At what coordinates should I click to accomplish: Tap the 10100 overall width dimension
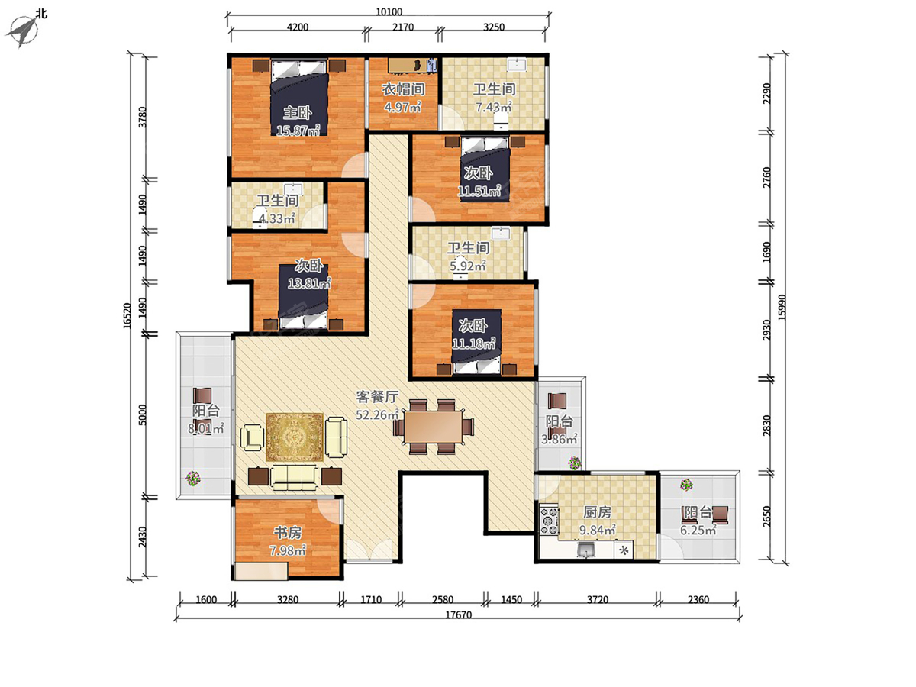point(389,11)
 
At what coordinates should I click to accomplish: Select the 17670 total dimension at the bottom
point(458,614)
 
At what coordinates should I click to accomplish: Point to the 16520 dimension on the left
point(127,316)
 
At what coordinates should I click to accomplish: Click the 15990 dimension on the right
point(782,308)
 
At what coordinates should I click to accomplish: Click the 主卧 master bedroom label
point(298,113)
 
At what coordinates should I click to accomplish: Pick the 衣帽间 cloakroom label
point(404,89)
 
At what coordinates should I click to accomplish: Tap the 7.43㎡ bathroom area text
point(494,107)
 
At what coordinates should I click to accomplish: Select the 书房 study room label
point(288,532)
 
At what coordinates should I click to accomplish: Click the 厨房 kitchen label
point(597,511)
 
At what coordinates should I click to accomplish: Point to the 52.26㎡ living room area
point(377,414)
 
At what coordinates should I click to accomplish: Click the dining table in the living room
point(433,426)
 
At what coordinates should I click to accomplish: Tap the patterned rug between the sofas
point(295,437)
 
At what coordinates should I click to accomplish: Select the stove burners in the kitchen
point(549,521)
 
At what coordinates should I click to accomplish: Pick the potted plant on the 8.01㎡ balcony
point(193,478)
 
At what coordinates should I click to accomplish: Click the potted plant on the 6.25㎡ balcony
point(686,485)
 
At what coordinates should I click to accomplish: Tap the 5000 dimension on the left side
point(142,414)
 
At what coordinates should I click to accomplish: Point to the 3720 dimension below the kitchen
point(598,599)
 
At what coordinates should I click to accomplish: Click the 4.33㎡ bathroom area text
point(276,218)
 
